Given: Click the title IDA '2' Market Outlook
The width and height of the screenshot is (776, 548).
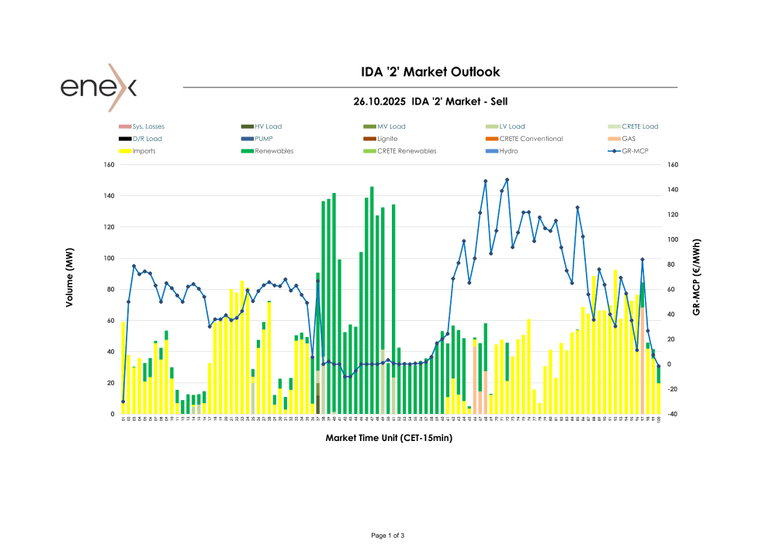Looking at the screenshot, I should click(431, 72).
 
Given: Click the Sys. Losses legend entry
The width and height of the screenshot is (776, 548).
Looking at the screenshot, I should click(148, 126).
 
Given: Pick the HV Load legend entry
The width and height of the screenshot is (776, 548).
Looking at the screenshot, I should click(268, 126).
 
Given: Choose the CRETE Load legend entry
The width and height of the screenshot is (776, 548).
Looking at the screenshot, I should click(639, 126).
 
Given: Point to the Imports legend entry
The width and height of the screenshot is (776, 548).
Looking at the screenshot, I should click(144, 151).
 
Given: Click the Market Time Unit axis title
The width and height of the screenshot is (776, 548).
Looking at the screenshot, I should click(389, 438).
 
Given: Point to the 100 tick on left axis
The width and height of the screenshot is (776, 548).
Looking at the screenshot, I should click(108, 258).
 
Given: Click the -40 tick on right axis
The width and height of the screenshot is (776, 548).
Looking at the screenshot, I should click(671, 415).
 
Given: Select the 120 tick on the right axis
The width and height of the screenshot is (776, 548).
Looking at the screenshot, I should click(672, 214).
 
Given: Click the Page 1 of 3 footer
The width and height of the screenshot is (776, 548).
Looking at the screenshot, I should click(388, 536).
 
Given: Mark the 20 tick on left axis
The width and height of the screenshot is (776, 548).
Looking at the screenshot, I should click(109, 383).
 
